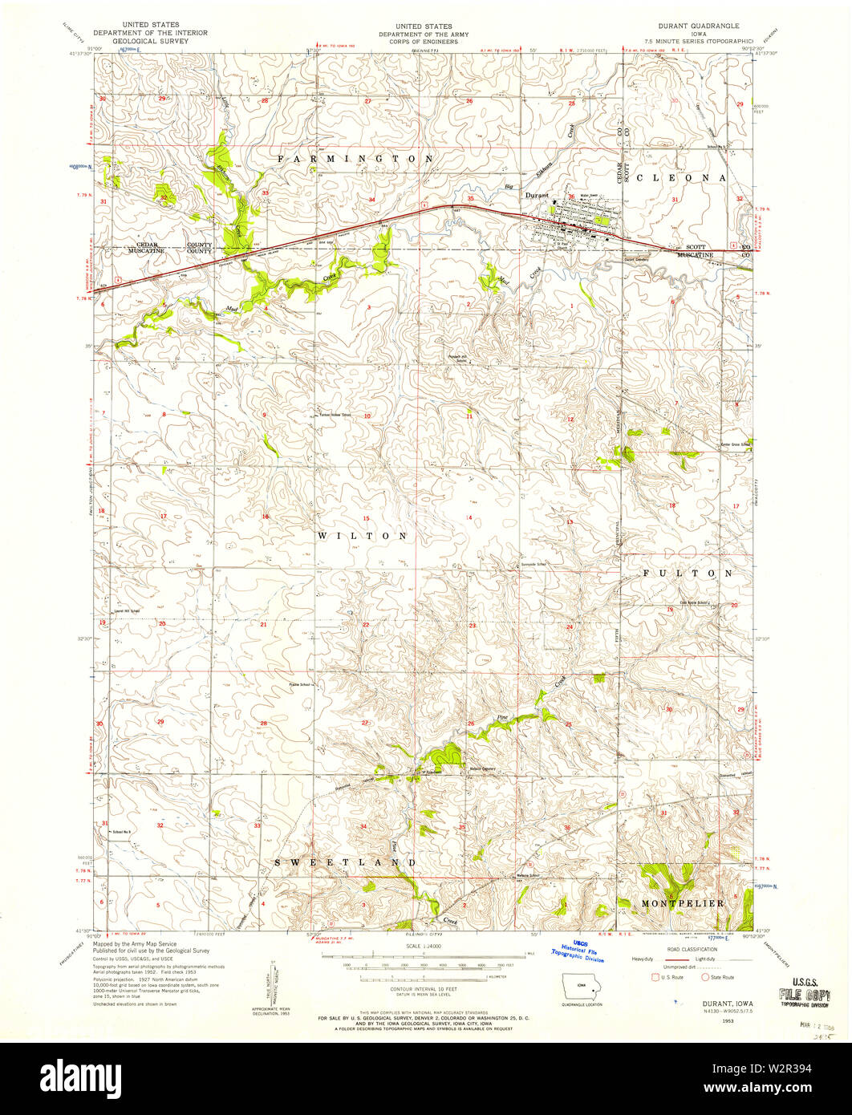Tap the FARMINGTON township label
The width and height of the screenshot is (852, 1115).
(355, 159)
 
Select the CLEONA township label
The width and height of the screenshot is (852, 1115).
(680, 177)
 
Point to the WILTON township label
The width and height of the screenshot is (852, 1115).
(362, 535)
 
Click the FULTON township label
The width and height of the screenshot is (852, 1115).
(686, 574)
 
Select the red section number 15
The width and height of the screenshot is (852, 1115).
(366, 519)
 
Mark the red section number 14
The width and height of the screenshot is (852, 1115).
(469, 517)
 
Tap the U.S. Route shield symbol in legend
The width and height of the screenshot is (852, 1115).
(656, 977)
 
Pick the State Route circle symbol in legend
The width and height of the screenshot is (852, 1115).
(705, 977)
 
